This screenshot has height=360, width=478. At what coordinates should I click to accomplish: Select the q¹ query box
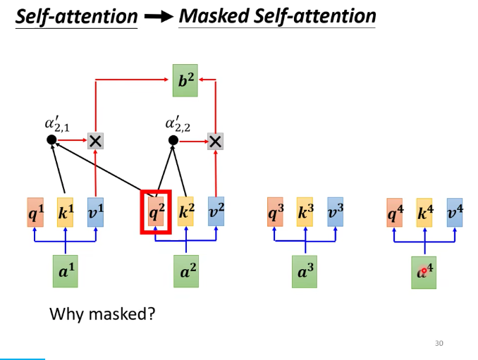click(35, 212)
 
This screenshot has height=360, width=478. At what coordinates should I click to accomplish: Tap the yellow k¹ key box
click(65, 212)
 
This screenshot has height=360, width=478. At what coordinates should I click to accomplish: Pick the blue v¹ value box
click(95, 212)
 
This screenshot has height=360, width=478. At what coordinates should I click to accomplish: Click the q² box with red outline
click(156, 212)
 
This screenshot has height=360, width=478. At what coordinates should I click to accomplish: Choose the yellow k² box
click(185, 212)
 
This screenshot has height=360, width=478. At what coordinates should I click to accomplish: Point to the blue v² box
click(216, 212)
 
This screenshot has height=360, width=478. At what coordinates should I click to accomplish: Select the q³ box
click(275, 212)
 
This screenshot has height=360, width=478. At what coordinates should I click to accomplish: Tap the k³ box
click(305, 212)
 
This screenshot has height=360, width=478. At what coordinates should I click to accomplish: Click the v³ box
click(335, 212)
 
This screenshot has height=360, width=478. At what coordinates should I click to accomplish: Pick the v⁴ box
click(455, 212)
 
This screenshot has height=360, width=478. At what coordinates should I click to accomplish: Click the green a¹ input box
click(65, 271)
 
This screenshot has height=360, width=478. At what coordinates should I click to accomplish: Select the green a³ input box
click(305, 271)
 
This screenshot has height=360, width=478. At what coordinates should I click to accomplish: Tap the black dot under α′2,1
click(51, 140)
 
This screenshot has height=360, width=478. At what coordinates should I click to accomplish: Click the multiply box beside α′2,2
click(215, 141)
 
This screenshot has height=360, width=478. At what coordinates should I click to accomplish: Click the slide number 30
click(439, 343)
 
